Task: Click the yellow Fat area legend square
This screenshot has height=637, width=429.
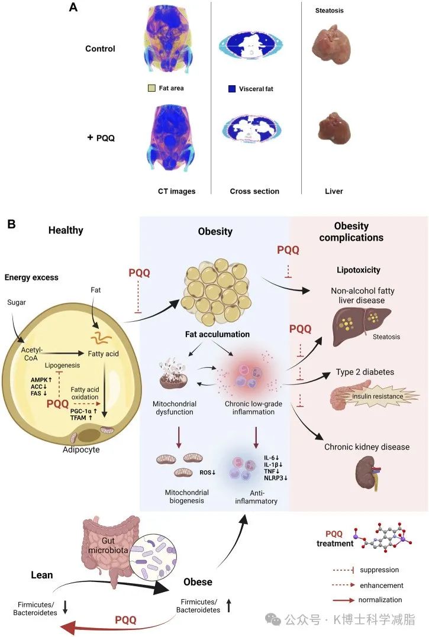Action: coord(151,89)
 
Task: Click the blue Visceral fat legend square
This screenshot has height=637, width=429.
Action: coord(232,89)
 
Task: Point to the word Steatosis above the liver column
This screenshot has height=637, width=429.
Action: coord(330,11)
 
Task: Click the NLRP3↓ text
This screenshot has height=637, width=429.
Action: coord(276,477)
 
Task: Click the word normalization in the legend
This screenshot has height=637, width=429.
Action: coord(384,600)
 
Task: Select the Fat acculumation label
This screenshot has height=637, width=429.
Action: coord(215,334)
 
